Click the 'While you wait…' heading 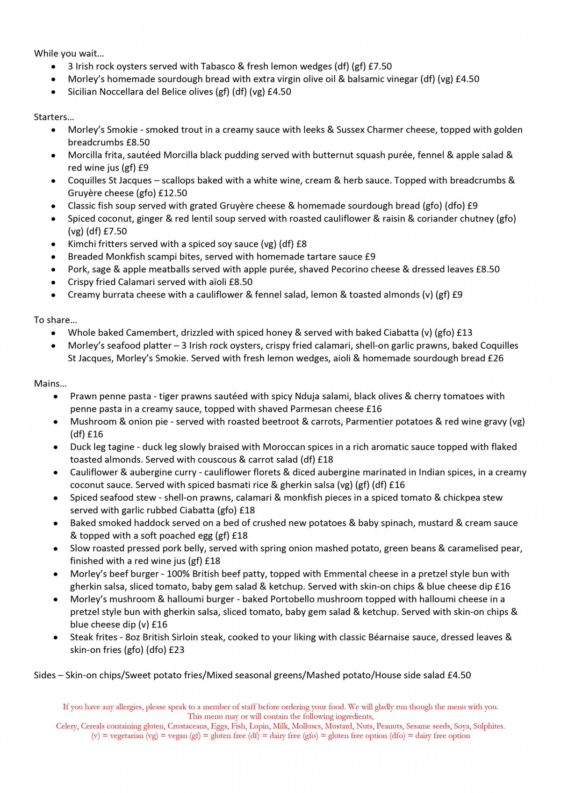[x=69, y=53]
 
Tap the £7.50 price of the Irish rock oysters [x=380, y=66]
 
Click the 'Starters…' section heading [x=54, y=117]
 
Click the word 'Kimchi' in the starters [x=82, y=244]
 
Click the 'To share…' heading [x=55, y=320]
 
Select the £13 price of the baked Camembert [x=465, y=333]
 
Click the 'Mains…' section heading [x=50, y=383]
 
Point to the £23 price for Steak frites [x=176, y=650]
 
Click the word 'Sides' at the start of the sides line [x=44, y=675]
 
